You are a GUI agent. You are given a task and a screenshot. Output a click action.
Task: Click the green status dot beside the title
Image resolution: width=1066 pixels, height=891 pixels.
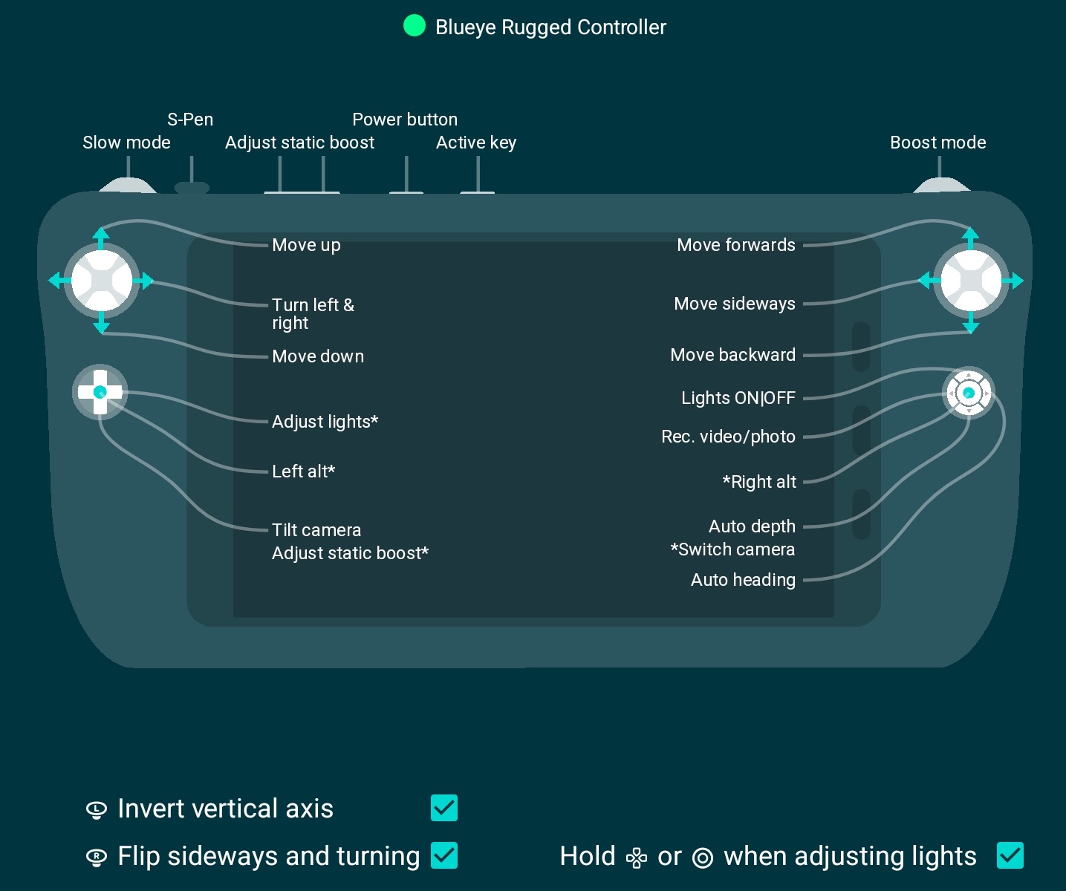pyautogui.click(x=414, y=26)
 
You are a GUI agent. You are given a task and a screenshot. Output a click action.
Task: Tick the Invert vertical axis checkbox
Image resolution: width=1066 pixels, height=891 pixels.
pyautogui.click(x=444, y=808)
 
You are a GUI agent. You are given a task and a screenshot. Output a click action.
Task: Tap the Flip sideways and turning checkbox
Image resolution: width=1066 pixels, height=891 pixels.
pyautogui.click(x=444, y=855)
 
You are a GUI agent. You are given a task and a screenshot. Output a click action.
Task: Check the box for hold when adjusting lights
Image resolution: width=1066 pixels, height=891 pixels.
pyautogui.click(x=1010, y=855)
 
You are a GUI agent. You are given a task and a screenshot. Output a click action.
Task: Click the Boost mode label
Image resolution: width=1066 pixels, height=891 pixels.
pyautogui.click(x=937, y=143)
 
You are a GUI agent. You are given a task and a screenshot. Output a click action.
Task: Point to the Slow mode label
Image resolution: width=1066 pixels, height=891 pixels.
pyautogui.click(x=126, y=143)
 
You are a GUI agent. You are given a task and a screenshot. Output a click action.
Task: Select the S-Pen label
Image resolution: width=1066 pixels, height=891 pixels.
pyautogui.click(x=190, y=120)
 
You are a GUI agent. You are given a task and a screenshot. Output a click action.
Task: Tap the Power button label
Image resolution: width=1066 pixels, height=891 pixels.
pyautogui.click(x=405, y=120)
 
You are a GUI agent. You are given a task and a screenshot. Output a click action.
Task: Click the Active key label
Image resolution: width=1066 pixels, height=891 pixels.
pyautogui.click(x=476, y=143)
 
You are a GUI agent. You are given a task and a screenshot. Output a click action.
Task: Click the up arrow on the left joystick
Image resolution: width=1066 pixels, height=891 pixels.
pyautogui.click(x=101, y=235)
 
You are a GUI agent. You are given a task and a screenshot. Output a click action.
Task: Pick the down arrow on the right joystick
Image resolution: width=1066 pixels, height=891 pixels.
pyautogui.click(x=970, y=326)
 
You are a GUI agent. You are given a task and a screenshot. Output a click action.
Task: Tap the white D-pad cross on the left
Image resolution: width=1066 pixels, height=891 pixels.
pyautogui.click(x=100, y=392)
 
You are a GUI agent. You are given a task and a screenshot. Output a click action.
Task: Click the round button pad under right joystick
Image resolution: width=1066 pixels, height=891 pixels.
pyautogui.click(x=968, y=393)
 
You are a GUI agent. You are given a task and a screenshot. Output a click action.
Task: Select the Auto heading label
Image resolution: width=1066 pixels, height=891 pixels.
pyautogui.click(x=743, y=580)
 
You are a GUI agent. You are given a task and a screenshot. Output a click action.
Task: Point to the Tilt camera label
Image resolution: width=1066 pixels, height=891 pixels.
pyautogui.click(x=316, y=530)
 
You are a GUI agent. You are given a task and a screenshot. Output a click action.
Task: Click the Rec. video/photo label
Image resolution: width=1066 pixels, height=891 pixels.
pyautogui.click(x=728, y=437)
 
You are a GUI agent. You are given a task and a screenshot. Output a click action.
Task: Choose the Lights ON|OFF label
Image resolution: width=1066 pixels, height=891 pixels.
pyautogui.click(x=738, y=398)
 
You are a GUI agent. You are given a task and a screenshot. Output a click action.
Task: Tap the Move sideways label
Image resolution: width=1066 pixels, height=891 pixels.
pyautogui.click(x=734, y=304)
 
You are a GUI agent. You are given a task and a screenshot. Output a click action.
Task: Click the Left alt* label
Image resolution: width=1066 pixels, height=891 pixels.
pyautogui.click(x=303, y=471)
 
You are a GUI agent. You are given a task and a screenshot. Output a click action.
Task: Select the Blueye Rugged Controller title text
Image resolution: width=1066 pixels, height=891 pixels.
pyautogui.click(x=550, y=27)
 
